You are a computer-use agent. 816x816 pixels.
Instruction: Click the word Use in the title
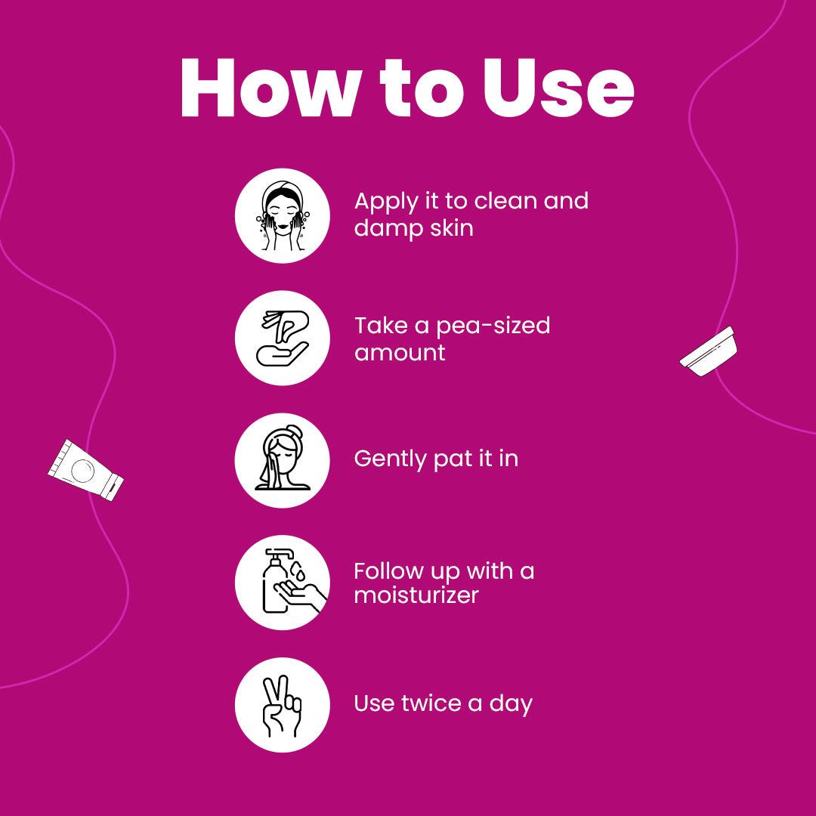tap(558, 88)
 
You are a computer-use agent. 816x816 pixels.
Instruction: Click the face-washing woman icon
tap(283, 215)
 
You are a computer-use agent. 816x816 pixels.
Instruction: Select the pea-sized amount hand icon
tap(283, 338)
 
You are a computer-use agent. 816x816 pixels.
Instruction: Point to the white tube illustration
tap(86, 470)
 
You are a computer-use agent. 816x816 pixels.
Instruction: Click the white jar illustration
tap(709, 351)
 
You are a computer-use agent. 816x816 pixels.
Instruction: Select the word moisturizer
tap(416, 595)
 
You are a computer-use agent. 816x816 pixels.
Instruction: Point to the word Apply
tap(386, 202)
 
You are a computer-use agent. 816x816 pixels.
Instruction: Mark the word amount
tap(400, 353)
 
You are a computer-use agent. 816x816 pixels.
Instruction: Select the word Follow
tap(389, 571)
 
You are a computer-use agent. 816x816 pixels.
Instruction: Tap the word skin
tap(452, 228)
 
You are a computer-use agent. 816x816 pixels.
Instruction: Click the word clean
tap(505, 201)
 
